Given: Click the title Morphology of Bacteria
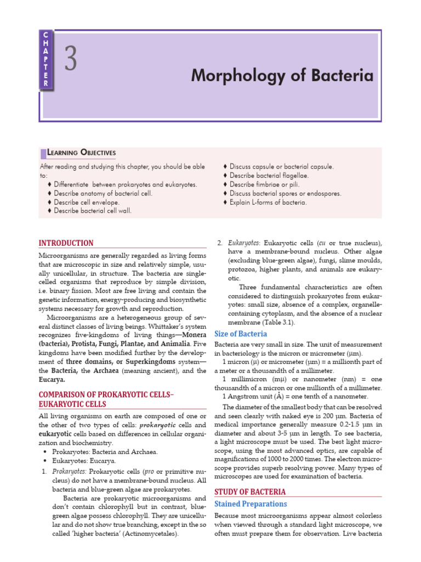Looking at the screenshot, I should pyautogui.click(x=282, y=76).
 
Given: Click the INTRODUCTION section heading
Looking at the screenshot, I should pyautogui.click(x=66, y=243).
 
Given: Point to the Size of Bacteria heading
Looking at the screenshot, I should pyautogui.click(x=241, y=334).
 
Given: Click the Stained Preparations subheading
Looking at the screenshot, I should pyautogui.click(x=251, y=504).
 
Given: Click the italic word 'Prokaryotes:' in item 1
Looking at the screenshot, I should pyautogui.click(x=69, y=471).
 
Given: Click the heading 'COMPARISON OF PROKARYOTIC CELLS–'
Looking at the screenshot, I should pyautogui.click(x=106, y=395).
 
